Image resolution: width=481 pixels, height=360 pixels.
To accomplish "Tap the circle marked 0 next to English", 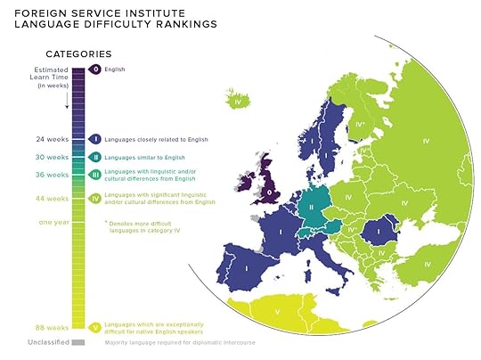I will pyautogui.click(x=95, y=69).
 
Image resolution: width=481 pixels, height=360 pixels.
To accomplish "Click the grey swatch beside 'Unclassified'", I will pyautogui.click(x=78, y=341).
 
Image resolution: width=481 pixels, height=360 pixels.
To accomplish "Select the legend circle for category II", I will pyautogui.click(x=95, y=157).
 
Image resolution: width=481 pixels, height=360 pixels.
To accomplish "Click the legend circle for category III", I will pyautogui.click(x=95, y=175).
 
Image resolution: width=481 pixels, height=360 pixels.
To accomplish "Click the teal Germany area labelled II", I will pyautogui.click(x=311, y=207).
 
